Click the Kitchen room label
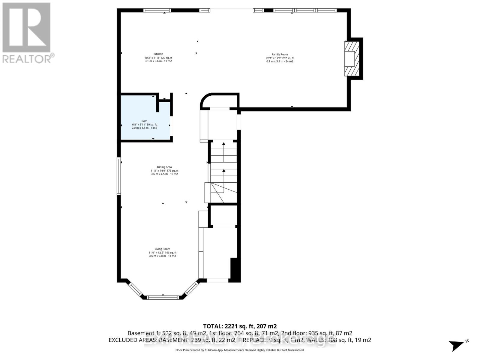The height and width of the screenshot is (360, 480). [158, 54]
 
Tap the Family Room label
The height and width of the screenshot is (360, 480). [280, 55]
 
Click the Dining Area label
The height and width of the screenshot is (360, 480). [164, 167]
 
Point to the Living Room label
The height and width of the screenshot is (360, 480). [162, 249]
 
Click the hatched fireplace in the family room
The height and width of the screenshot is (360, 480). [352, 58]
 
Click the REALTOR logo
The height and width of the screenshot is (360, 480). [27, 33]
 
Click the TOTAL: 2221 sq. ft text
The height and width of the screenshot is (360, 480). [240, 326]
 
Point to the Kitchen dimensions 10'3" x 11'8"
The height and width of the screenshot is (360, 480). [158, 58]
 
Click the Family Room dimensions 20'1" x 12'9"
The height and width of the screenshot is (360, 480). [280, 58]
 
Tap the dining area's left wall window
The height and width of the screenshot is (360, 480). [119, 176]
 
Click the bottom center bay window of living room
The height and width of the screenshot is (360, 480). [163, 298]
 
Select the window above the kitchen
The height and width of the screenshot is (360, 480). [157, 10]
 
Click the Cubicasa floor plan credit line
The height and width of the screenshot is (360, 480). [240, 350]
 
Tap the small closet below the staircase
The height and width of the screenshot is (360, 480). [223, 215]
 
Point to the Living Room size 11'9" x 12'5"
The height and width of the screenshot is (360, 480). [162, 253]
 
